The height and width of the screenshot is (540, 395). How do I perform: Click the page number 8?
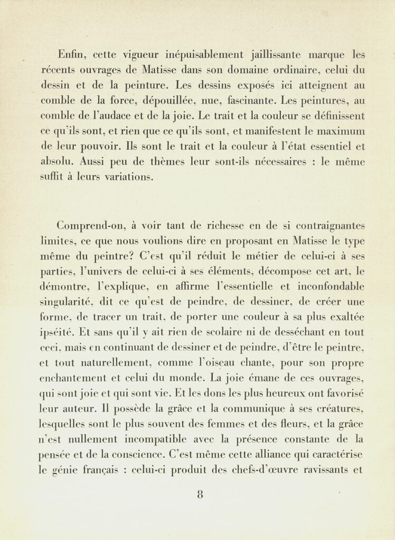pos(200,495)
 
